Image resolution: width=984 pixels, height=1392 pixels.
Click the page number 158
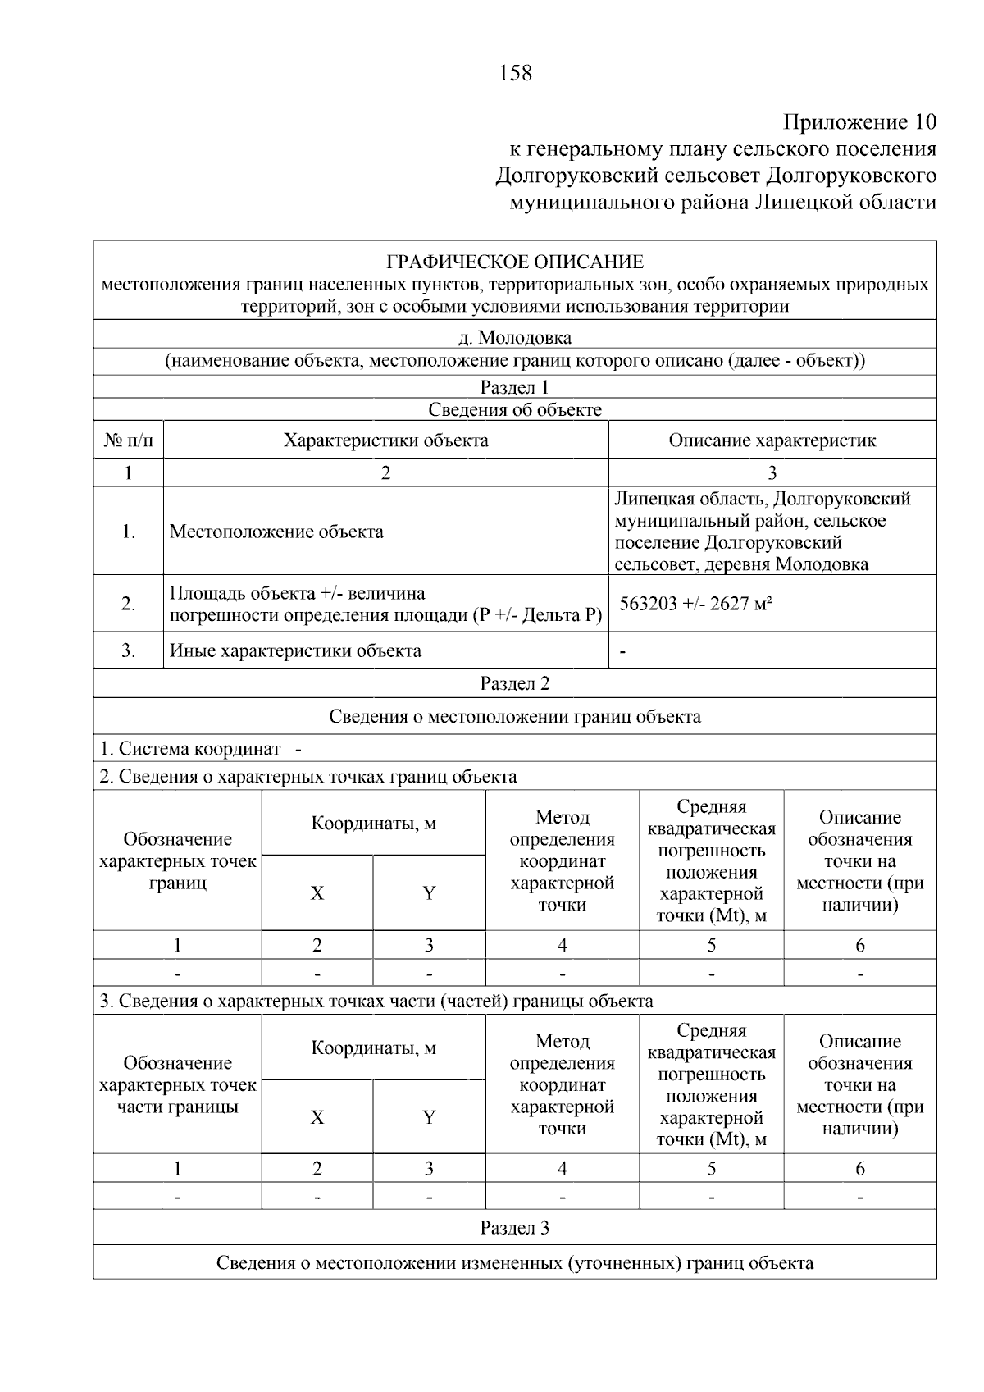515,74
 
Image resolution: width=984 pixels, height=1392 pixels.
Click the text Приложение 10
859,122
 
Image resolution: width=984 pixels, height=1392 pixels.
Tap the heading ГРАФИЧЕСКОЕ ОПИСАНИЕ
515,262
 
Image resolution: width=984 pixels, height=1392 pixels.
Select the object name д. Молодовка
515,337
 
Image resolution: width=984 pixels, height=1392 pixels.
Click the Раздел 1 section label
515,387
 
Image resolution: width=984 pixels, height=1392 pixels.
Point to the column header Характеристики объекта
385,440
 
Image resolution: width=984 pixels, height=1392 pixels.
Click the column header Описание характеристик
772,440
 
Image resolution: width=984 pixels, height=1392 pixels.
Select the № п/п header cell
128,440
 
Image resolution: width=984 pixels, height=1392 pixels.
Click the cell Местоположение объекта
276,532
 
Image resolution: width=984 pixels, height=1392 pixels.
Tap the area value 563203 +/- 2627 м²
696,604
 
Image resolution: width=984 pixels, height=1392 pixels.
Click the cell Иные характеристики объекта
295,651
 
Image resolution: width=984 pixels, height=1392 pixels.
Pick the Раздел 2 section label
515,683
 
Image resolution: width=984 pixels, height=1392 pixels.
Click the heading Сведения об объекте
515,410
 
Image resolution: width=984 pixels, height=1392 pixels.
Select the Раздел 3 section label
515,1228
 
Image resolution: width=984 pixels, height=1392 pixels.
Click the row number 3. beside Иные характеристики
128,651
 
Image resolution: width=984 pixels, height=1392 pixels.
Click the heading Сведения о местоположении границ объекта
515,717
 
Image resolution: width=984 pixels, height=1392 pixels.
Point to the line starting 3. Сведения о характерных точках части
376,1001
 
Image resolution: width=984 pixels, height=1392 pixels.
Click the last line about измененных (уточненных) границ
515,1262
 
